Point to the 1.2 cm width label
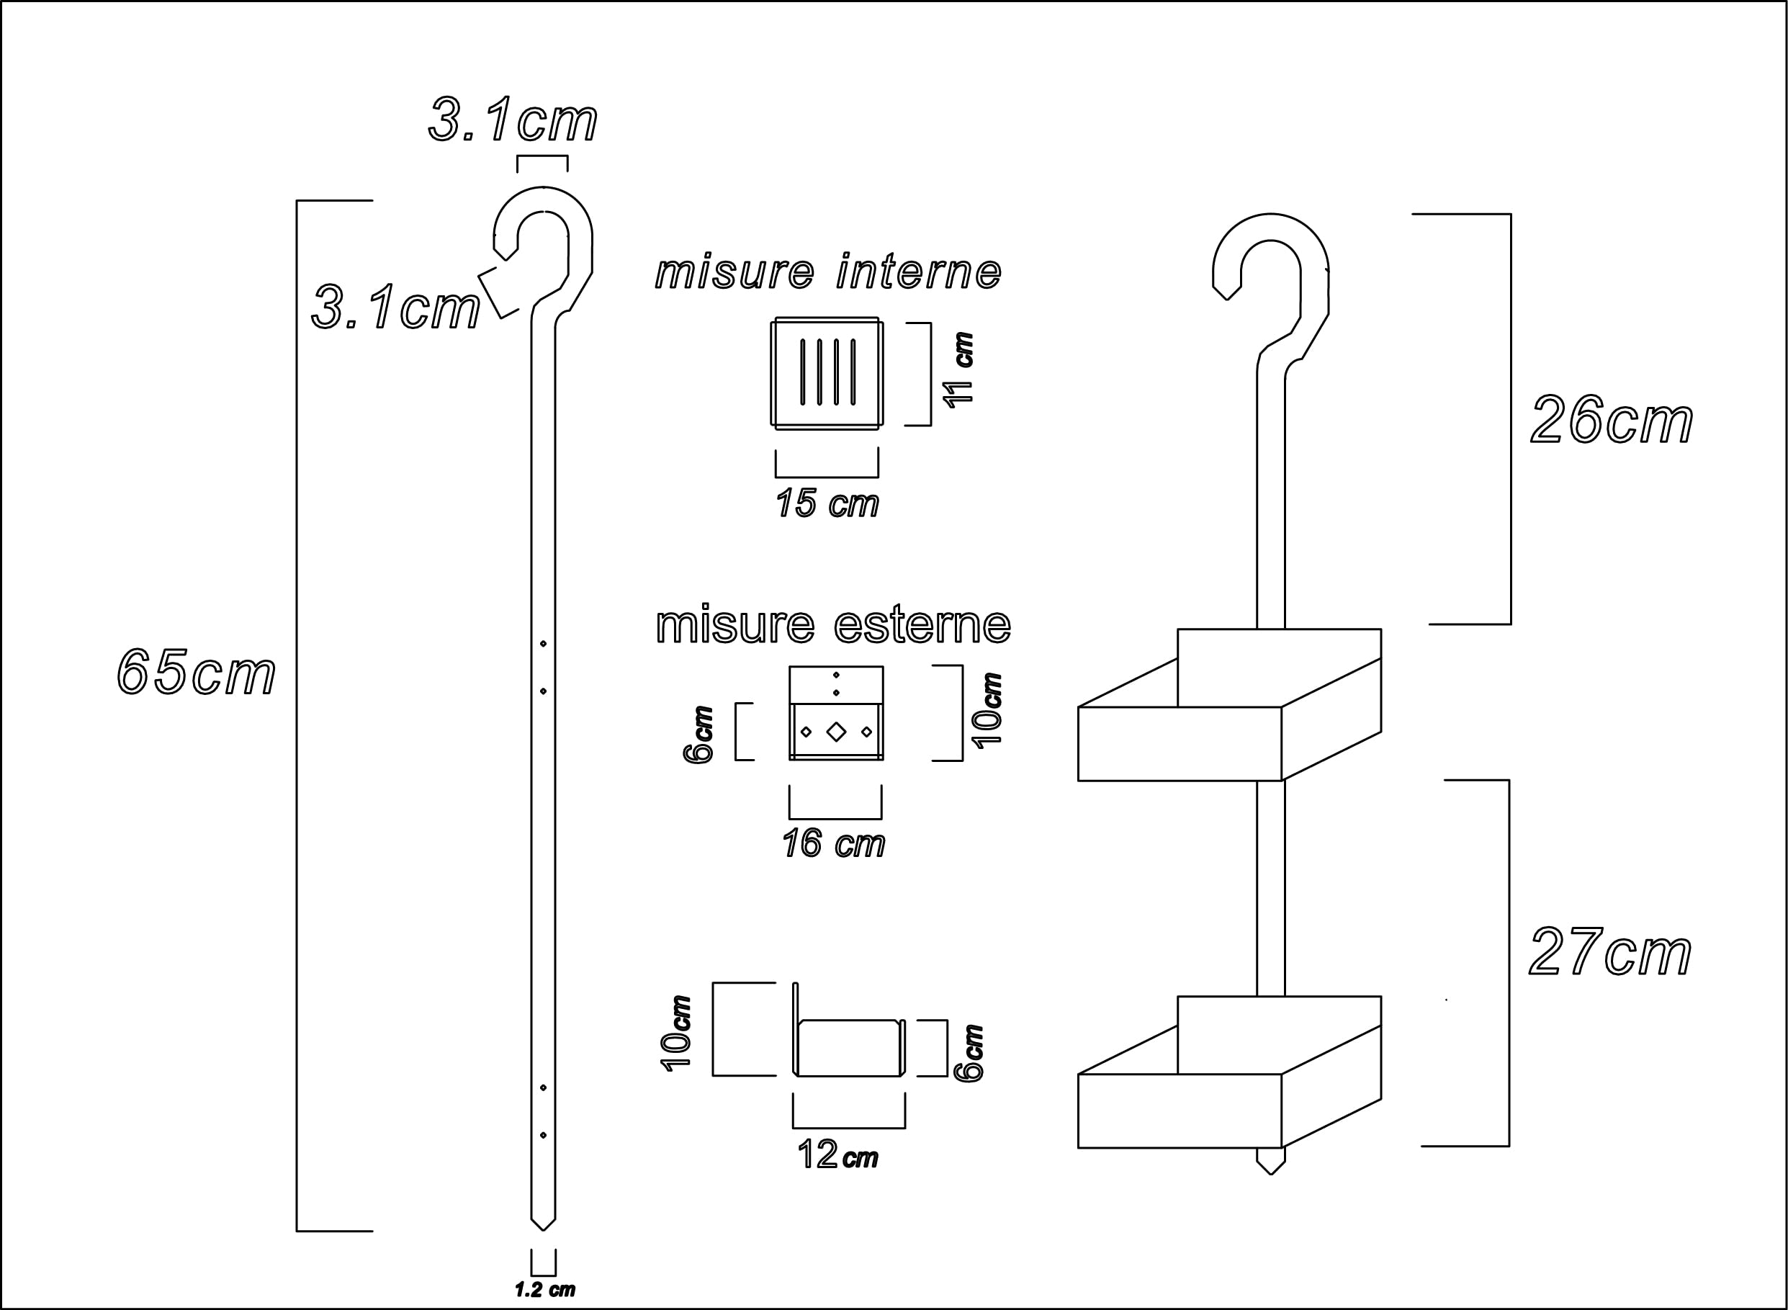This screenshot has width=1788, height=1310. click(x=544, y=1289)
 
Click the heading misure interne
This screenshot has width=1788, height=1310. click(x=828, y=272)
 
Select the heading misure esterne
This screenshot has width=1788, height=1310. click(x=832, y=625)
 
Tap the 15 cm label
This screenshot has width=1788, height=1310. click(x=827, y=503)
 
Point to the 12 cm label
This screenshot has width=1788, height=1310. click(x=837, y=1154)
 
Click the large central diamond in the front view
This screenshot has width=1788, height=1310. click(x=836, y=732)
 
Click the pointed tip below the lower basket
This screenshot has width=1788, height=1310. click(x=1270, y=1168)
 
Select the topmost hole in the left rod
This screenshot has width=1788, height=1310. click(x=543, y=644)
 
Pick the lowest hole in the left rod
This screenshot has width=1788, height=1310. click(x=543, y=1136)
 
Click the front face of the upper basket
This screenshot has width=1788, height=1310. click(x=1179, y=743)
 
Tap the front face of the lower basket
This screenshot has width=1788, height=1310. click(x=1179, y=1111)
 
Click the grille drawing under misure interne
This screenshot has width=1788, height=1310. click(x=827, y=373)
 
